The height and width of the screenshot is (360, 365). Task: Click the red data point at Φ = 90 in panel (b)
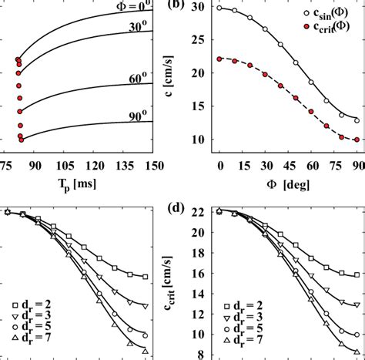click(355, 140)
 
